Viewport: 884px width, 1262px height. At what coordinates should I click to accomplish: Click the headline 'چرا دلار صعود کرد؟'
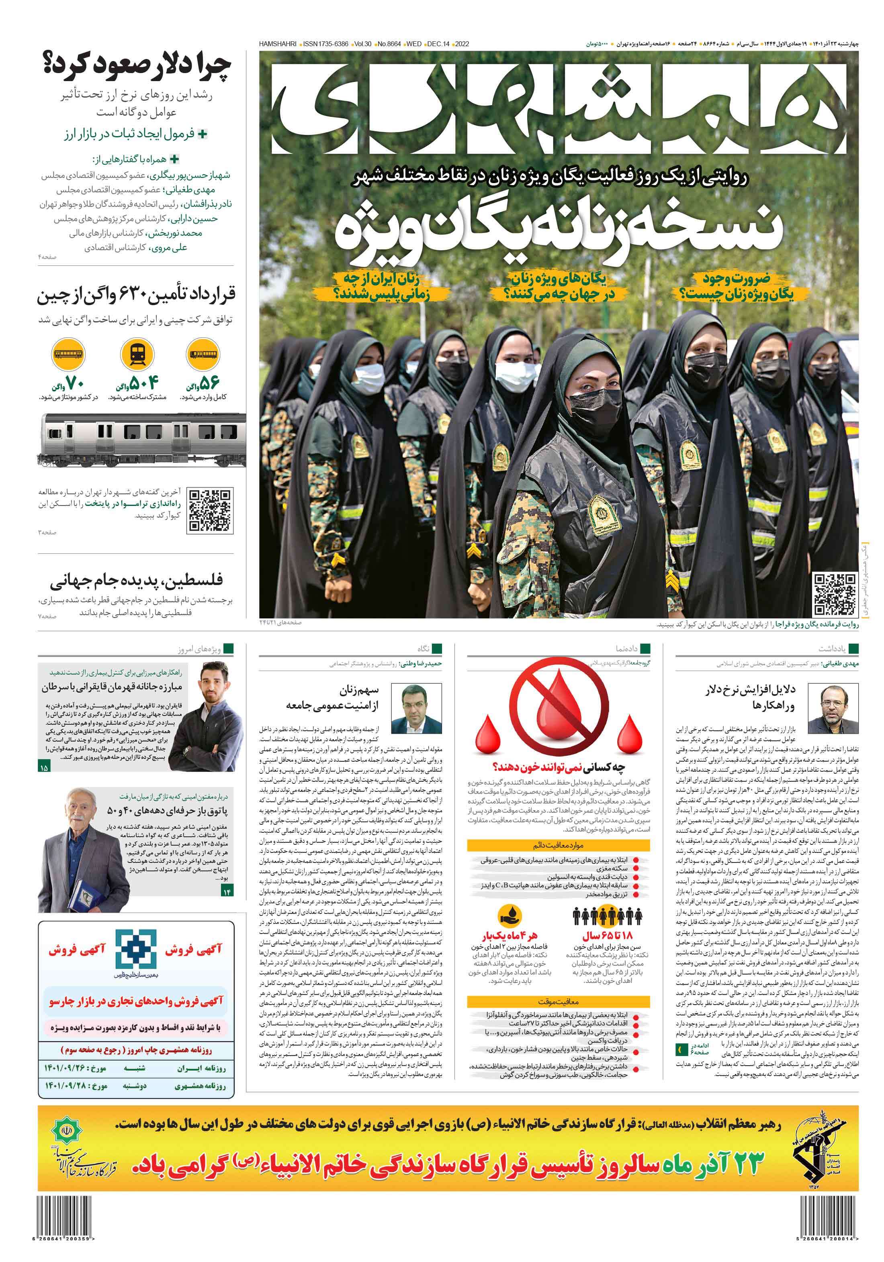(137, 65)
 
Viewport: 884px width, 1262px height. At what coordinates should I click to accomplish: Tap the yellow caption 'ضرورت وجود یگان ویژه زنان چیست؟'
(734, 286)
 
